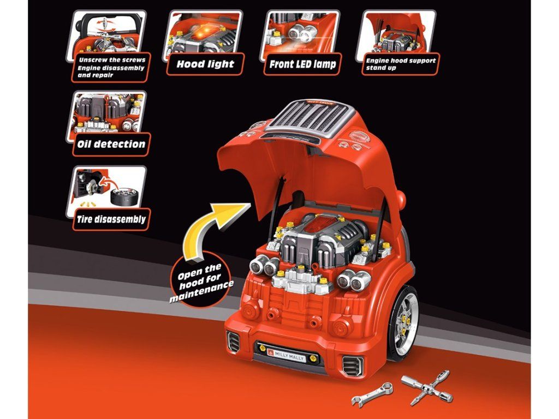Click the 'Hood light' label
tap(205, 64)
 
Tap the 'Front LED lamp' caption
tap(302, 64)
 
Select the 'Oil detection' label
tap(111, 145)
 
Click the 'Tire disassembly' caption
tap(111, 219)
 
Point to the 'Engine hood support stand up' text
tap(401, 64)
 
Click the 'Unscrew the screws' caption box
tap(111, 67)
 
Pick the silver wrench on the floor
tap(371, 394)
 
